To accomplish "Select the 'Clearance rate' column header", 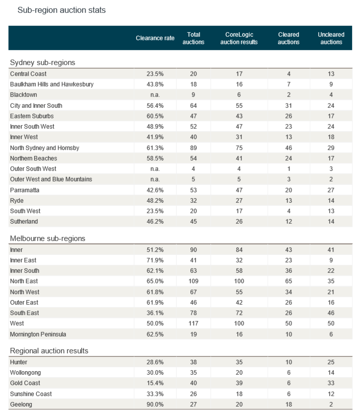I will (x=155, y=38).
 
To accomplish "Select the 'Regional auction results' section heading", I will (x=49, y=351).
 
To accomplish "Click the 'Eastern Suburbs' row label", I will (x=32, y=116).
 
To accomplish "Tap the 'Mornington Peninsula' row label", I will (x=38, y=334).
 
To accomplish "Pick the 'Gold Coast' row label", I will (x=25, y=383).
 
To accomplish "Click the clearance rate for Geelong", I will (x=155, y=404).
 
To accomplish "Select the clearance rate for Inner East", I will (x=155, y=260).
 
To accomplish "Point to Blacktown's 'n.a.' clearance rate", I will (x=155, y=94).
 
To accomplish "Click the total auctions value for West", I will (x=193, y=324).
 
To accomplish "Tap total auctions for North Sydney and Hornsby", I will (x=193, y=148).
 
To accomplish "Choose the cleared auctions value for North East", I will (x=288, y=281).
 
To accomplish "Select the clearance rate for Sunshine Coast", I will (x=155, y=394).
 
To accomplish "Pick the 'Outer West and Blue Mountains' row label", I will (x=51, y=179).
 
